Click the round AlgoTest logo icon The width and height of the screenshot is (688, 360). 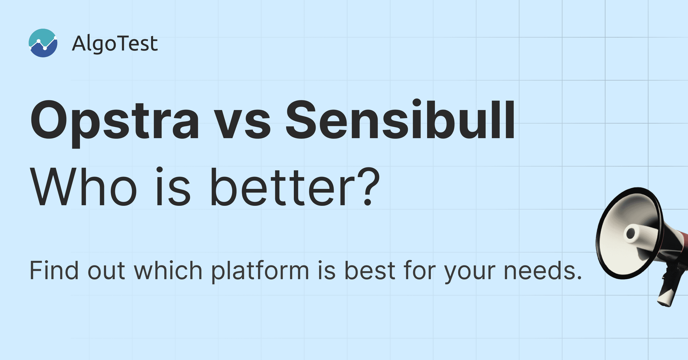43,43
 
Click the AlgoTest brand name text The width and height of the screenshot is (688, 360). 115,44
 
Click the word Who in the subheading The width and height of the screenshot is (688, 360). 83,187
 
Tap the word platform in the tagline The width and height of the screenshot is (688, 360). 260,271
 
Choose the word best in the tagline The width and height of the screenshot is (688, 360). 370,270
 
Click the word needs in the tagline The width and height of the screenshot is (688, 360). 543,270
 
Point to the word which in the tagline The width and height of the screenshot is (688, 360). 168,270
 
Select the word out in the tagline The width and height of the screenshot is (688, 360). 106,271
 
